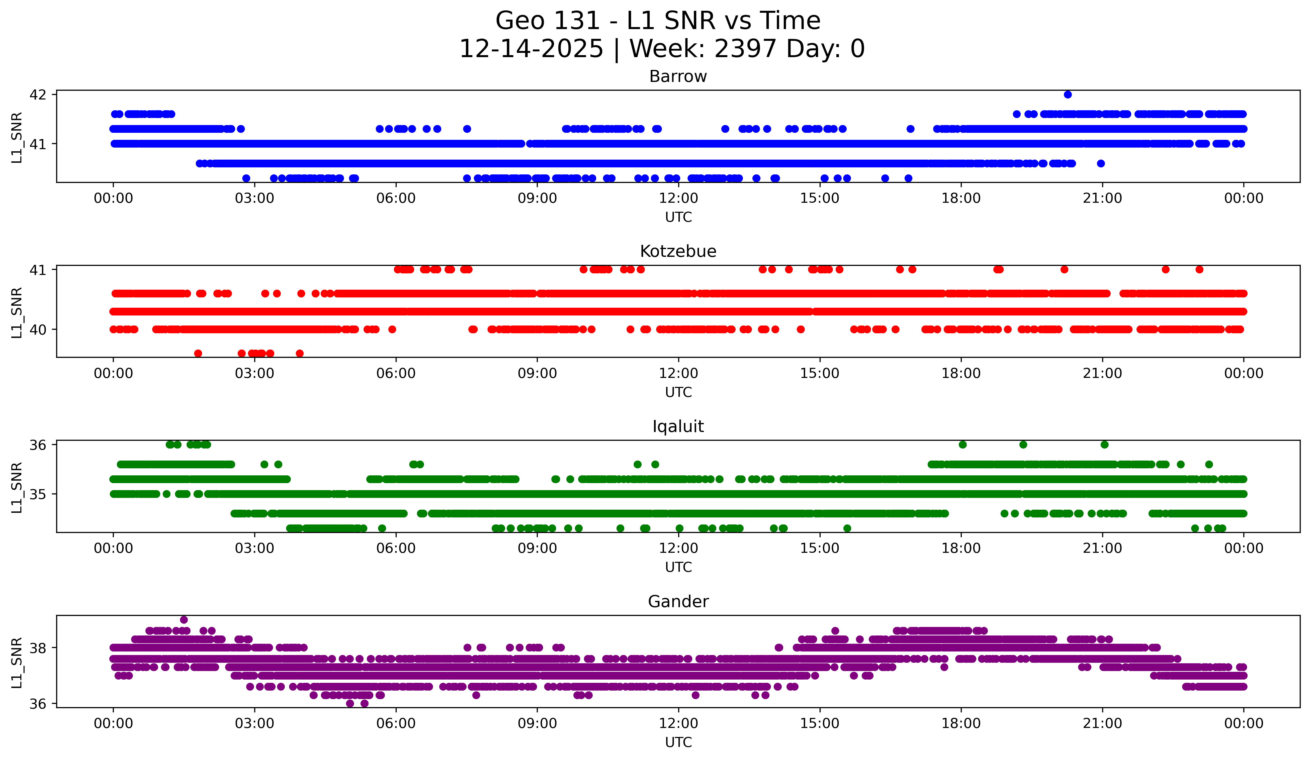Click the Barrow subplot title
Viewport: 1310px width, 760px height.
(678, 76)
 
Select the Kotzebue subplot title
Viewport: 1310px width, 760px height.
(678, 251)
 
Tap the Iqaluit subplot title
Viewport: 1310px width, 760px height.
(678, 426)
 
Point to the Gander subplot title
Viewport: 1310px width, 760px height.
(678, 602)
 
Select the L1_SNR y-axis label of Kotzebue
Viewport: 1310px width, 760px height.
(17, 313)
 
